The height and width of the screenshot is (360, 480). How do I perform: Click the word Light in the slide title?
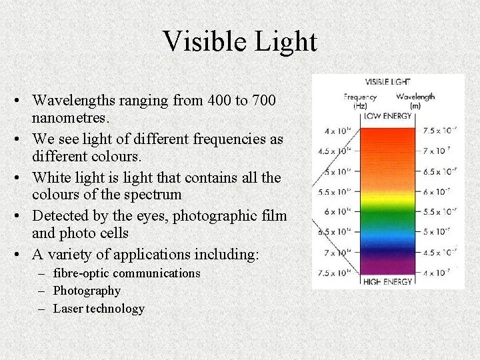click(x=283, y=42)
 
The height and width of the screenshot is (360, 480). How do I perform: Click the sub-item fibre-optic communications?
click(x=127, y=273)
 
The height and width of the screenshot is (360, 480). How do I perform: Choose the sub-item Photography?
click(x=87, y=291)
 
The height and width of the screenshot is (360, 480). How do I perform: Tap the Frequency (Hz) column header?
click(x=360, y=101)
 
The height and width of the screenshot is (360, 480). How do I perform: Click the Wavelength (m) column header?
click(x=415, y=101)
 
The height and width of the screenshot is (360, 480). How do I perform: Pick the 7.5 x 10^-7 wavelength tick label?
click(x=440, y=130)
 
